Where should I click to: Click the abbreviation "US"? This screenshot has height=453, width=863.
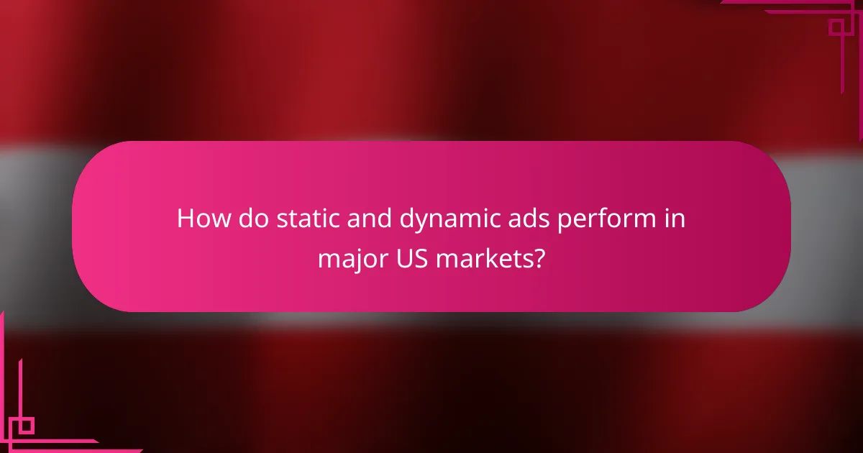point(402,257)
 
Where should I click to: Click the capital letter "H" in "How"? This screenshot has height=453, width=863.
point(186,219)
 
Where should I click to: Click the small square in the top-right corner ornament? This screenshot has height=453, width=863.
point(836,27)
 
